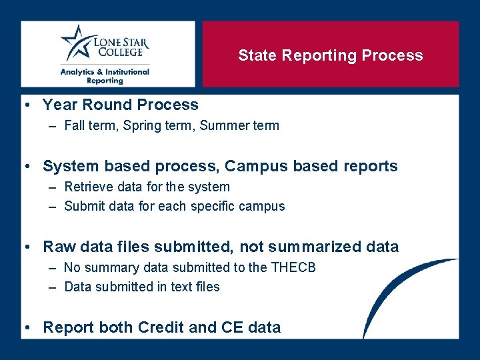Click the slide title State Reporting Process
(331, 55)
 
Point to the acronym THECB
(293, 267)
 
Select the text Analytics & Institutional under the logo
(105, 71)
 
